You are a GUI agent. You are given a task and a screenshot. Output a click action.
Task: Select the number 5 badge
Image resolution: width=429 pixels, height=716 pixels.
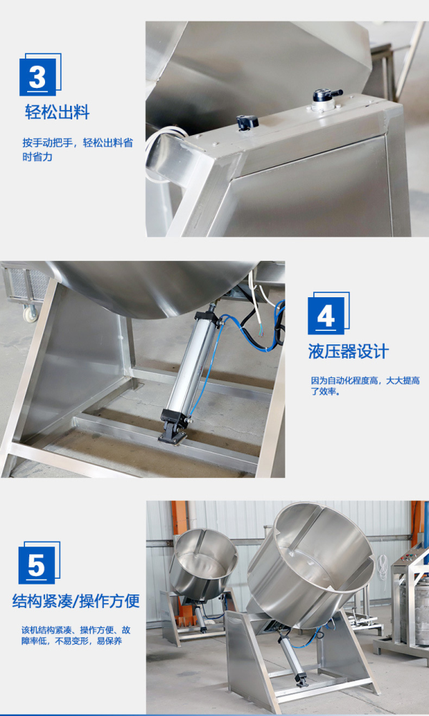[37, 565]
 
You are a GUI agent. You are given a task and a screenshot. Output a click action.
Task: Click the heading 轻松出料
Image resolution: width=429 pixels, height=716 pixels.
[57, 113]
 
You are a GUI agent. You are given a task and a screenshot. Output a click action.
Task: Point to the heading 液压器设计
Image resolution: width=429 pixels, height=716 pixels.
[348, 351]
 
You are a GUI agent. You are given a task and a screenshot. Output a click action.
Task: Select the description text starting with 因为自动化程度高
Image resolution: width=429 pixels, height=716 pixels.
[365, 386]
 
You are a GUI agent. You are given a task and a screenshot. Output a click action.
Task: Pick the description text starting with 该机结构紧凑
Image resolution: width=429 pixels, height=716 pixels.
[76, 636]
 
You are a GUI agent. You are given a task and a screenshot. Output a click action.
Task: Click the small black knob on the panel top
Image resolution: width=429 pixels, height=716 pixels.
[247, 122]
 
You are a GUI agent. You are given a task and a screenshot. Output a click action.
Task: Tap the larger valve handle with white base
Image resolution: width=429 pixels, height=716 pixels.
[323, 99]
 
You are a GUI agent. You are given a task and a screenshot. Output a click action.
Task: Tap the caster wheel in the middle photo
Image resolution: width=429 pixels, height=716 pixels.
[31, 312]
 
